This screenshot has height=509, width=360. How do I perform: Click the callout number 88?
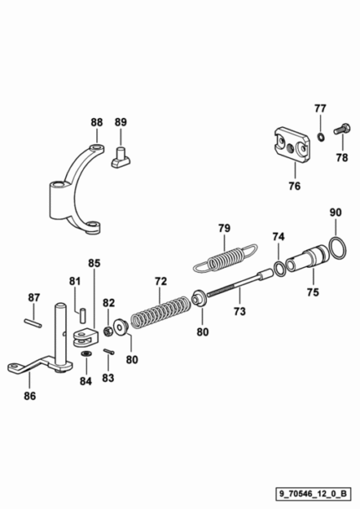click(x=96, y=122)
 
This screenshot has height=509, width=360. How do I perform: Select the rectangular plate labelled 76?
click(x=291, y=145)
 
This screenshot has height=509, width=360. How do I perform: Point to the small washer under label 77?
click(x=321, y=136)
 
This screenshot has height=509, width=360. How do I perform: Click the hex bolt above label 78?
click(x=342, y=129)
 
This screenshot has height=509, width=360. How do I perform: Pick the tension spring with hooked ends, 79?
click(x=225, y=259)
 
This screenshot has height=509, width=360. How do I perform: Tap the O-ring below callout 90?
click(x=337, y=249)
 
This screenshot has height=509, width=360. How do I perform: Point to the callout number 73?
click(x=239, y=311)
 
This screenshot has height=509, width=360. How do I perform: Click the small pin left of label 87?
click(x=33, y=323)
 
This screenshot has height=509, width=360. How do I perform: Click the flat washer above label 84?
click(x=86, y=353)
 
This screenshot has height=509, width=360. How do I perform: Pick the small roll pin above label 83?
click(x=109, y=352)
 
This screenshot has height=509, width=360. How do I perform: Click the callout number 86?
click(x=30, y=396)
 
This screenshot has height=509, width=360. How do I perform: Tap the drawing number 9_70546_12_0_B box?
click(x=313, y=494)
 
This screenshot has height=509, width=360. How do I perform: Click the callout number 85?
click(x=95, y=263)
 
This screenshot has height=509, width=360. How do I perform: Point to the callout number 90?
click(x=336, y=213)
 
